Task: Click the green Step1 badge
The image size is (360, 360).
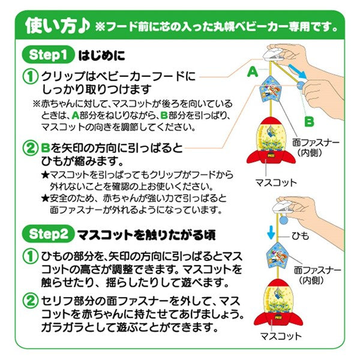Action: (x=48, y=55)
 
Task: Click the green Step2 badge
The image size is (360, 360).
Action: (x=48, y=234)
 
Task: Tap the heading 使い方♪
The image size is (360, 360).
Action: (x=57, y=26)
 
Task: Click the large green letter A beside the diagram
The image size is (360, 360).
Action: (x=253, y=71)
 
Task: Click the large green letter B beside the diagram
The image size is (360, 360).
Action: (x=309, y=121)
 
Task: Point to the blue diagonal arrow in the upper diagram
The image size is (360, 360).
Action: (x=298, y=71)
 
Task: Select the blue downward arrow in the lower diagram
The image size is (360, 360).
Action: (x=271, y=232)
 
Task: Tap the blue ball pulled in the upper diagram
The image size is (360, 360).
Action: (x=301, y=85)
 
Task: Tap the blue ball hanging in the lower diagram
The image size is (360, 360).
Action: (x=283, y=220)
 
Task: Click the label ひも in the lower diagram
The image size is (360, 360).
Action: (x=300, y=236)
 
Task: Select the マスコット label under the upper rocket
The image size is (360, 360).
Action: (x=276, y=182)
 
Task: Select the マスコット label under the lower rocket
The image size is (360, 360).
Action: (x=281, y=336)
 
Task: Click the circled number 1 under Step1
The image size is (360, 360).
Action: (x=31, y=77)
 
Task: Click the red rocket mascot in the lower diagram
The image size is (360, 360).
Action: (x=278, y=302)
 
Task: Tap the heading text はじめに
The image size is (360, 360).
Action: (x=102, y=55)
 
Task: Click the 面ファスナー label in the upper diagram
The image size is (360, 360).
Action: (x=316, y=143)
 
